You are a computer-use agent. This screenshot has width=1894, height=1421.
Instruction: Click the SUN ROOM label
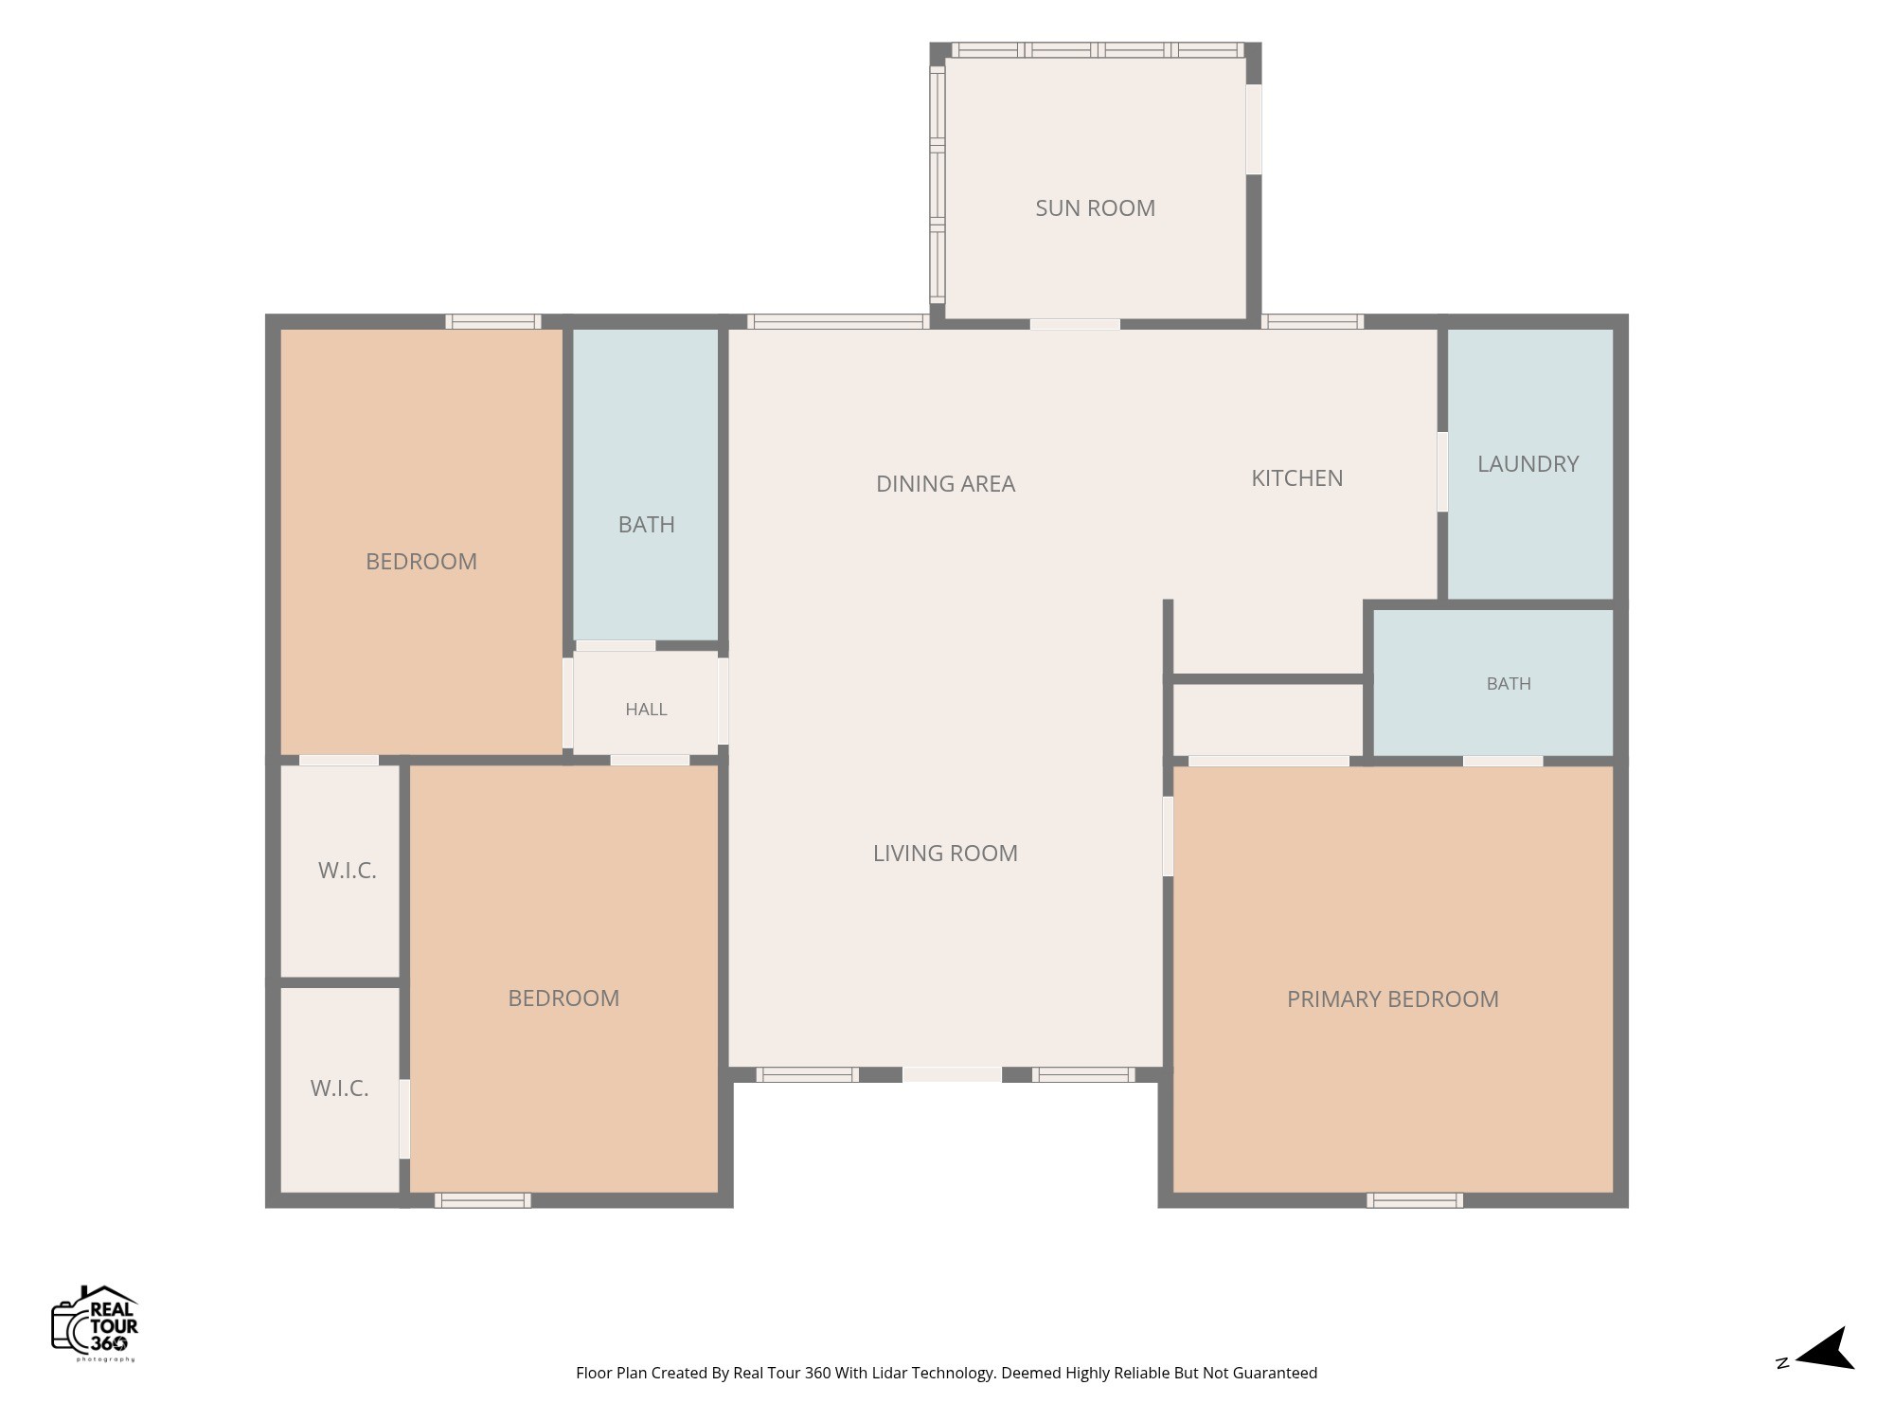coord(1095,208)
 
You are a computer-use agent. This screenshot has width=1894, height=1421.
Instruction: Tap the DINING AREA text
coord(945,484)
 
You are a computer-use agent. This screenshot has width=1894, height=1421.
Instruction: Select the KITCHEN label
coord(1296,478)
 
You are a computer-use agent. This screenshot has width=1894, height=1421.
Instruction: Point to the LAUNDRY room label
coord(1528,464)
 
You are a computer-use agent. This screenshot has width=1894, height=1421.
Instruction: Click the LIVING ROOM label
coord(945,854)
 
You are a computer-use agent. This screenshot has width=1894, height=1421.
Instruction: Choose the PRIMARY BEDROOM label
coord(1392,999)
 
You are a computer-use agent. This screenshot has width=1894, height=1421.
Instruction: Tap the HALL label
coord(646,710)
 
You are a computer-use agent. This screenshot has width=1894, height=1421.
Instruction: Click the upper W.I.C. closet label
coord(347,871)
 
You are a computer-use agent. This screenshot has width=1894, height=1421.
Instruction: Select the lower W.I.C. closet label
coord(339,1088)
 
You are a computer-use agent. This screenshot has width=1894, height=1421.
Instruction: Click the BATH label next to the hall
coord(646,525)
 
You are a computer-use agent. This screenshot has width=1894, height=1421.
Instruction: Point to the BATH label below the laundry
coord(1509,684)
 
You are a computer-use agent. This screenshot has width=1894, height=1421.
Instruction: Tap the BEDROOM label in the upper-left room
coord(420,562)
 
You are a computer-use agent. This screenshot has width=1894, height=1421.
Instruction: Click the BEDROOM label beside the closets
coord(563,998)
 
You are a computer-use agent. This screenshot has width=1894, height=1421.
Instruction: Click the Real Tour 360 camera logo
coord(95,1322)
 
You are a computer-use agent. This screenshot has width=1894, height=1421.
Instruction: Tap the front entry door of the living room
coord(952,1074)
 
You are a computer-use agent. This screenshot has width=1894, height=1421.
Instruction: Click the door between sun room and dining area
coord(1075,324)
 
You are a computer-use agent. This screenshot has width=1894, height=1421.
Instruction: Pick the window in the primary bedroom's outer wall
coord(1414,1200)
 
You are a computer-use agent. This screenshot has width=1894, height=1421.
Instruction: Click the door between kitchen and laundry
coord(1442,472)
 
